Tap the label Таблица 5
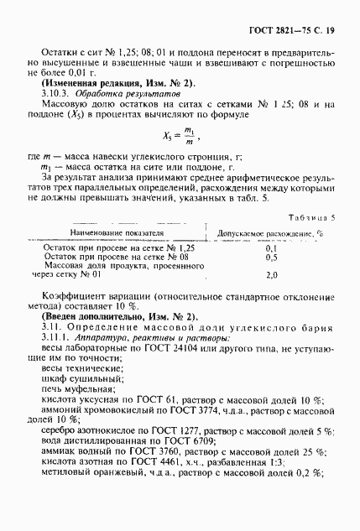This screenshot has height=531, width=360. (313, 216)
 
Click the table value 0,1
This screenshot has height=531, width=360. (271, 249)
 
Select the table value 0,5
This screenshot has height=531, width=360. (271, 259)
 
